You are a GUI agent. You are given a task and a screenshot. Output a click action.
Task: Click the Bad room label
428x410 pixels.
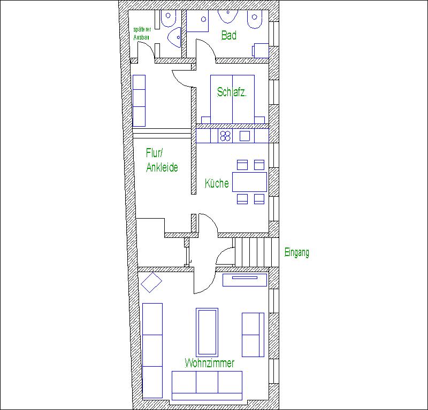point(229,35)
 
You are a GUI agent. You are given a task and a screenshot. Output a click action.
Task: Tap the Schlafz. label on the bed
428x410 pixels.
point(232,92)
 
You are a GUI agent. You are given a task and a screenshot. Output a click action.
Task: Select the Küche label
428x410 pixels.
point(217,183)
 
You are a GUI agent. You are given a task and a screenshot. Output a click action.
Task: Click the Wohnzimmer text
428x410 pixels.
point(210,363)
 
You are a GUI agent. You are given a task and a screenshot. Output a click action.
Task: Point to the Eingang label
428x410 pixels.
point(297,252)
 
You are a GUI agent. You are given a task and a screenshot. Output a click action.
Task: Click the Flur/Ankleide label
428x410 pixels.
point(162,160)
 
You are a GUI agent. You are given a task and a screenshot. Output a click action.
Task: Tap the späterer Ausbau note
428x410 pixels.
point(142,33)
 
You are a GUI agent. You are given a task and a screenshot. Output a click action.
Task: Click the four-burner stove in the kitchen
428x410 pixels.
point(225,136)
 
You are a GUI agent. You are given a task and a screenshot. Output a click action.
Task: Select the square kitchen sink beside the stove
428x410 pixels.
point(244,136)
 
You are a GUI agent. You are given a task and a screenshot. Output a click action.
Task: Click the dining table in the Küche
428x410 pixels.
point(249,182)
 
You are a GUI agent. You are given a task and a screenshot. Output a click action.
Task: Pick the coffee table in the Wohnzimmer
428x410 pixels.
point(207,332)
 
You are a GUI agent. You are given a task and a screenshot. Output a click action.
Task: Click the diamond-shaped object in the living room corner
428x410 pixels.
point(151,282)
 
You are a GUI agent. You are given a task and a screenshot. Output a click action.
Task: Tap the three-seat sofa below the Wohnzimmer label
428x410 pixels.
point(207,385)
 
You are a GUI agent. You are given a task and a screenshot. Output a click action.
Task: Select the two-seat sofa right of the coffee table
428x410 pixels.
point(253,335)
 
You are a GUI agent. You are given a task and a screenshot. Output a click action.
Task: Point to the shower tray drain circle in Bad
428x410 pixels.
point(203,19)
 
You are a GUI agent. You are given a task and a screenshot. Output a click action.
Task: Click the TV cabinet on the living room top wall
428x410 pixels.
point(244,280)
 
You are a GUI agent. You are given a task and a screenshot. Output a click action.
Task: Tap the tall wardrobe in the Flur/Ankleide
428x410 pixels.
point(139,100)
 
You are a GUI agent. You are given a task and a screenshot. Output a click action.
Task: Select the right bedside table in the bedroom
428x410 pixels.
point(259,120)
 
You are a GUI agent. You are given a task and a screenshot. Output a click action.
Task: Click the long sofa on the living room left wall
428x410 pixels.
point(152,351)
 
